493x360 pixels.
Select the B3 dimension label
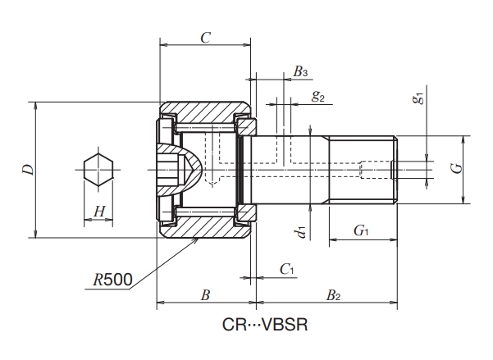(x=300, y=72)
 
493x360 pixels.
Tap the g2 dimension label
(x=318, y=96)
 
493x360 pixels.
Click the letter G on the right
(x=459, y=168)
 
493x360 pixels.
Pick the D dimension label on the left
(x=29, y=170)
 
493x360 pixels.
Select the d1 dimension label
(x=302, y=233)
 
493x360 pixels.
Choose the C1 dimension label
(x=286, y=268)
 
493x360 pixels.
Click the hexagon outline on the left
(x=98, y=170)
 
